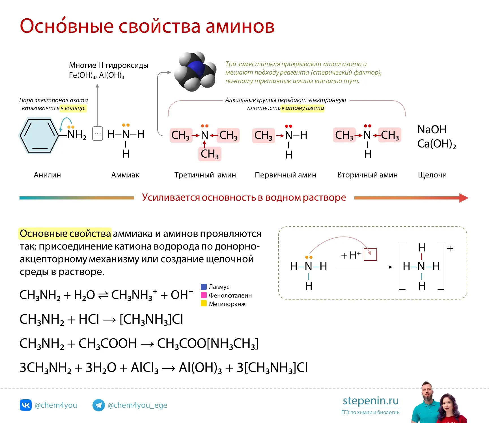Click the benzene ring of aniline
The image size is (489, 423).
coord(39,136)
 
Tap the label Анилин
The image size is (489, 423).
coord(47,175)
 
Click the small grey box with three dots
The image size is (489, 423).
coord(98,133)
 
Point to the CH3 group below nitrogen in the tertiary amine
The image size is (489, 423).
coord(210,154)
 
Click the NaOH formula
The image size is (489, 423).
coord(432,129)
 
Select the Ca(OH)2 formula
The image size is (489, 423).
coord(437,144)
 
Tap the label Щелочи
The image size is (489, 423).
coord(432,175)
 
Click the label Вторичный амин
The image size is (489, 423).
coord(367,175)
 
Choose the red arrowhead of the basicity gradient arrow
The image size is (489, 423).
coord(464,198)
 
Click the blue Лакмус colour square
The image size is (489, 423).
coord(204,287)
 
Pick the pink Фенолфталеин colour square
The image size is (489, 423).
coord(204,295)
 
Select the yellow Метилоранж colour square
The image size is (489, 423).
coord(204,303)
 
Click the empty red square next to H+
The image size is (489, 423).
coord(370,255)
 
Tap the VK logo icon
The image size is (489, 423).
coord(26,405)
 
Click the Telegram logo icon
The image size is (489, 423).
coord(99,405)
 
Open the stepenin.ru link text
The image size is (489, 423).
coord(371,401)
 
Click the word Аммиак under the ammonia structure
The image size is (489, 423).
coord(125,175)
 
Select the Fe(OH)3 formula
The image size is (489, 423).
coord(83,75)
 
